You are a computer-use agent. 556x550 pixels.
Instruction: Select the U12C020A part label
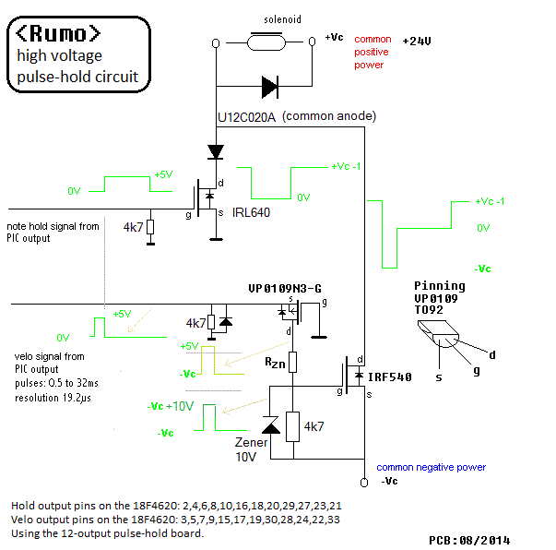(245, 117)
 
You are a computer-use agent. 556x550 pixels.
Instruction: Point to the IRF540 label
(389, 377)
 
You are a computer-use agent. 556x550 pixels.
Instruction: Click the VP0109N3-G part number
(284, 289)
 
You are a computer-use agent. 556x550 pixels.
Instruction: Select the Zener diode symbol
(270, 425)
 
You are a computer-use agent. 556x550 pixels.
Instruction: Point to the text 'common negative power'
(432, 468)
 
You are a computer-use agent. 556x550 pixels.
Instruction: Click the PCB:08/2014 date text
(468, 540)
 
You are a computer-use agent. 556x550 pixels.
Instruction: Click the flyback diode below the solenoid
(268, 88)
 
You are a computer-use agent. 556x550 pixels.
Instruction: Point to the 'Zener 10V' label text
(248, 449)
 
